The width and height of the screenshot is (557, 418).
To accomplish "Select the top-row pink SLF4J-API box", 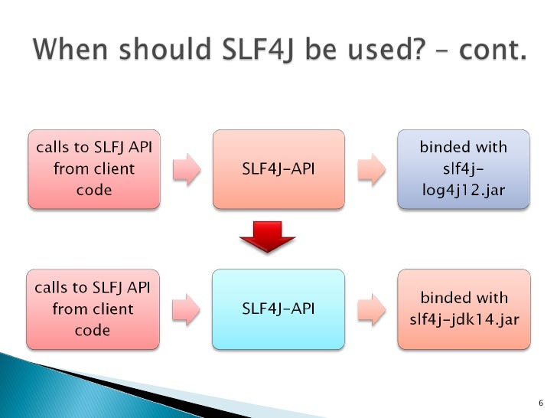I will [x=278, y=169].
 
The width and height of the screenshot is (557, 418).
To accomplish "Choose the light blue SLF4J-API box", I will [x=278, y=309].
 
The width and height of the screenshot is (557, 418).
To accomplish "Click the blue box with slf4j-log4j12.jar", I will [x=463, y=169].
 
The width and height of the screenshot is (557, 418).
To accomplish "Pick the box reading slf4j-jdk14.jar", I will [x=463, y=309].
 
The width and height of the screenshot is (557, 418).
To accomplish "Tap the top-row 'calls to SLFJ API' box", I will [x=93, y=169].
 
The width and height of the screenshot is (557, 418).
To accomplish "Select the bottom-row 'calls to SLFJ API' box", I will [x=93, y=309].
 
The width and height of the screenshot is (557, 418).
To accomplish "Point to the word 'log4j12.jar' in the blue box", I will [x=463, y=189].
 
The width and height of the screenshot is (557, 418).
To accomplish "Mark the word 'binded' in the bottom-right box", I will [x=440, y=298].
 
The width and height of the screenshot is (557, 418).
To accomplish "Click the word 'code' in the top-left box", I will [x=93, y=189].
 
